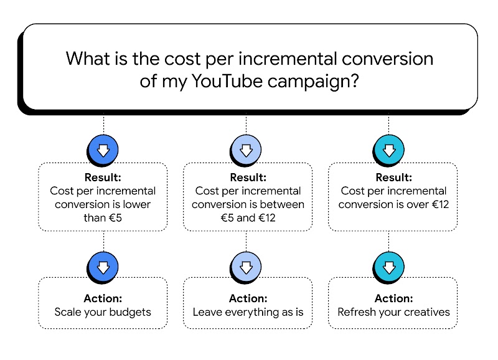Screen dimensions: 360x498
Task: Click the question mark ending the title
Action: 352,82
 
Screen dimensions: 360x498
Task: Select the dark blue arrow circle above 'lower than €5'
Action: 103,149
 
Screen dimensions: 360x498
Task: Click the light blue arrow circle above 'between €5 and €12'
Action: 246,149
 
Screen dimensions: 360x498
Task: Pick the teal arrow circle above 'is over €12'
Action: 389,149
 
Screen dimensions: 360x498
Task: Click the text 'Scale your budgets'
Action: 103,311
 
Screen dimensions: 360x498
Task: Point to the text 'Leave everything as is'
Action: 248,311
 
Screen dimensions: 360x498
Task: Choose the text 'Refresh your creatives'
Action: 393,311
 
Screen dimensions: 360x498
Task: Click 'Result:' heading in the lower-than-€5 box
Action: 103,178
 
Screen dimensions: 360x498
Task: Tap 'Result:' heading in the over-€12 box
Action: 393,178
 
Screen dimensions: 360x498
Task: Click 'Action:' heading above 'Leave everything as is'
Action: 248,298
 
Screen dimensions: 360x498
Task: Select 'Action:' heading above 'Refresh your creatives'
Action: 393,298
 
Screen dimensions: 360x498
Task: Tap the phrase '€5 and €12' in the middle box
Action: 248,217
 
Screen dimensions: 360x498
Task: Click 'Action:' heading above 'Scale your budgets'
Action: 103,298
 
